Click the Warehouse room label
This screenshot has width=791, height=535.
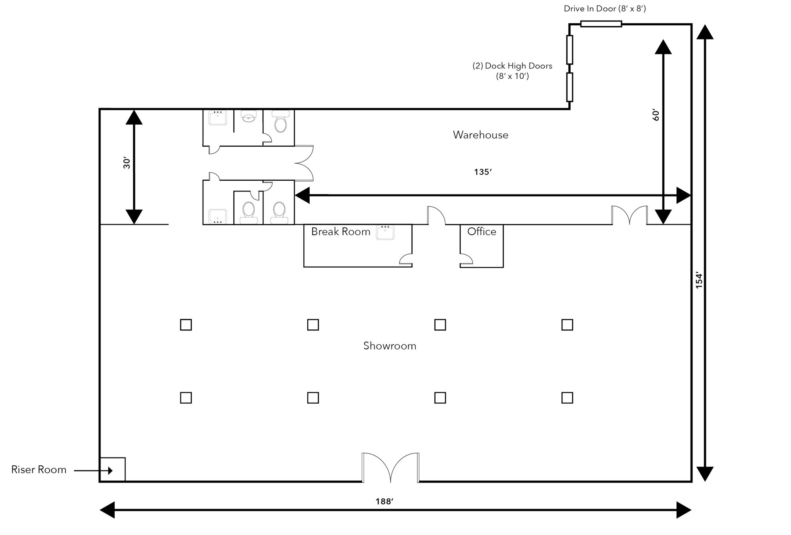click(481, 135)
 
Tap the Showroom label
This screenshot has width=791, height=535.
click(390, 346)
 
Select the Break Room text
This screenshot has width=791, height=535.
click(341, 232)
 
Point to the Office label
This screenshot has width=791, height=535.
click(482, 231)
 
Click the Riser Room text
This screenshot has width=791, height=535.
click(39, 470)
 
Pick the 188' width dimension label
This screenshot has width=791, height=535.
click(384, 502)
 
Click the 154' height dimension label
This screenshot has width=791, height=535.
click(699, 280)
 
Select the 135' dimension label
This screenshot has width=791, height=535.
click(483, 172)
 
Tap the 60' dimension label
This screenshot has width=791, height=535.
click(656, 115)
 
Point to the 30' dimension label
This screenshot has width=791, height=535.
click(127, 163)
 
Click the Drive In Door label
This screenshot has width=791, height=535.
click(605, 9)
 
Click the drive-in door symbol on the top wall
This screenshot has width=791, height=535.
click(601, 24)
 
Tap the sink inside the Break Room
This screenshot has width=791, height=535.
click(385, 233)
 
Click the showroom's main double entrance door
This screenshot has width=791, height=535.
click(390, 467)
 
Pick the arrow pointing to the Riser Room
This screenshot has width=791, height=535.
click(93, 471)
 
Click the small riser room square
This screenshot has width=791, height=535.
click(112, 469)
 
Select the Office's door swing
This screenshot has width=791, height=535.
click(466, 259)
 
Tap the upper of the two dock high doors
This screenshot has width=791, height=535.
click(570, 50)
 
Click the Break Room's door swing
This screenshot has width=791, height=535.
click(406, 259)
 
